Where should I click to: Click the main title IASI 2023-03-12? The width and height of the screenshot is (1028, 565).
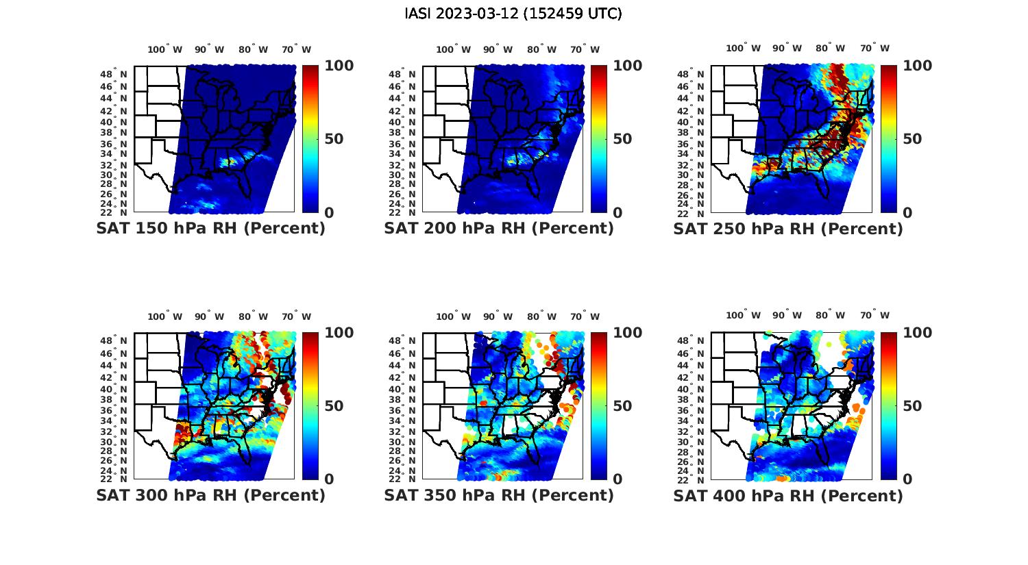(513, 14)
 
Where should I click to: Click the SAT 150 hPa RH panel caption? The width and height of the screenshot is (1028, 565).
(210, 229)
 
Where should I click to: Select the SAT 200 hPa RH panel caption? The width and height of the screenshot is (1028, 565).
(499, 229)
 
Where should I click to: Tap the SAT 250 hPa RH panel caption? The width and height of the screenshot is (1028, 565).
(788, 229)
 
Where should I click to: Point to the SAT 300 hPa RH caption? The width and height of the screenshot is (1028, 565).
(210, 495)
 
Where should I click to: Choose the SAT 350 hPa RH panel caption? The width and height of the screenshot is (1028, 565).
(499, 495)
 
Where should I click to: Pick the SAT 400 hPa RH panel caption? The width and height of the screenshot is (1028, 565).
(788, 495)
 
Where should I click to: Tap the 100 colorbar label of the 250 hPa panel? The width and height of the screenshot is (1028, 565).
(917, 66)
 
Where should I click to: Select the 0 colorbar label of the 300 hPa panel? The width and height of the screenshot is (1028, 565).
(329, 479)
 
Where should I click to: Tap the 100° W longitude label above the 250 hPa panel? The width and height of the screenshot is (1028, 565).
(743, 49)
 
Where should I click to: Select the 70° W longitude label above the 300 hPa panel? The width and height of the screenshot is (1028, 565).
(296, 316)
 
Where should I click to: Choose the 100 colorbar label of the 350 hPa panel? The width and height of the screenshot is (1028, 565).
(628, 333)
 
